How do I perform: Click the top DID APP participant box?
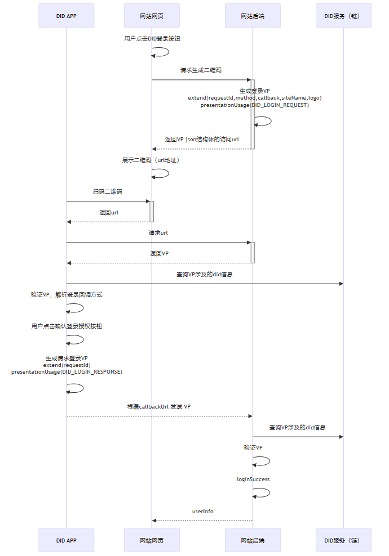tap(66, 16)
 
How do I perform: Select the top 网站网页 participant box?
tap(152, 16)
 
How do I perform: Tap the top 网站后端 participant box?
tap(253, 16)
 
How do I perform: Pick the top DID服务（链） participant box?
tap(343, 16)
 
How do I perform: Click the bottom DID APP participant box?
tap(66, 540)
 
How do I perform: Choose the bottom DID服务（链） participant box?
tap(343, 540)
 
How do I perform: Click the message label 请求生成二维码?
tap(201, 70)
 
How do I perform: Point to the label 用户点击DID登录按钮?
tap(152, 39)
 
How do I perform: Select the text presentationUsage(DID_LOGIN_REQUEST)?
tap(255, 105)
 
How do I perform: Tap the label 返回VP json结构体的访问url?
tap(202, 139)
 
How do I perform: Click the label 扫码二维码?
tap(108, 192)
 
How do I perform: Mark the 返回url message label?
tap(109, 212)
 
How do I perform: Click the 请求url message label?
tap(158, 232)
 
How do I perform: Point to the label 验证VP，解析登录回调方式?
tap(67, 294)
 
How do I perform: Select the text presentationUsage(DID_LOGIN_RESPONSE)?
tap(67, 372)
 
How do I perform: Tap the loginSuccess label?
tap(253, 479)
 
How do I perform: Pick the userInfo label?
tap(203, 511)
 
